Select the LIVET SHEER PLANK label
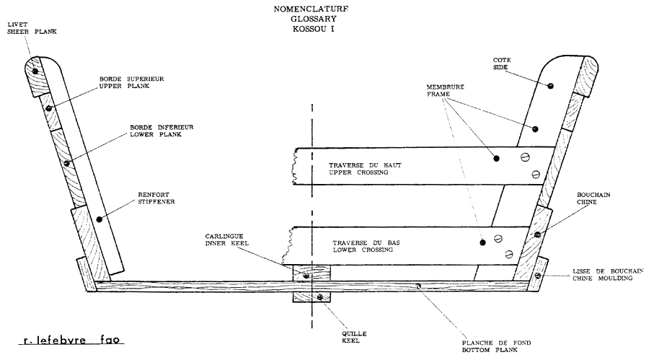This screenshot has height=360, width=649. (x=21, y=28)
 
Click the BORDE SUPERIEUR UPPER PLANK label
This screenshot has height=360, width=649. (x=123, y=83)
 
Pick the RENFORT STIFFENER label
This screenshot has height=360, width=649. (x=154, y=198)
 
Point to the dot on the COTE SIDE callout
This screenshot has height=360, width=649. (x=550, y=86)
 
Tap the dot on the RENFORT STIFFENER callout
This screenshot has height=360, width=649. (x=99, y=218)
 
